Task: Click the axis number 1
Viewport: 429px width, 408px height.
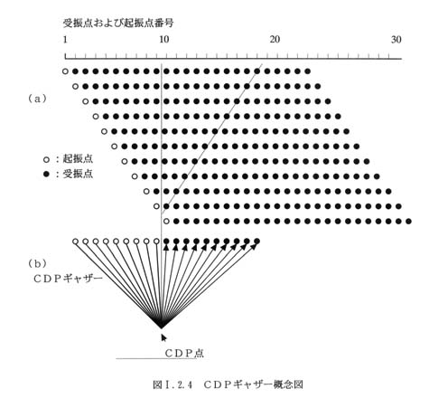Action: (x=65, y=40)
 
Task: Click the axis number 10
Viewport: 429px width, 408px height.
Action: (x=163, y=40)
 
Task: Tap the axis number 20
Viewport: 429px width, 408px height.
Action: (x=275, y=40)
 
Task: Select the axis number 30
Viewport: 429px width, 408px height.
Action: (x=396, y=40)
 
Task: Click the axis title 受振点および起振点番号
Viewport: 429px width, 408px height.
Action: (x=118, y=23)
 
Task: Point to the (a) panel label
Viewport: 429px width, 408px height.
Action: (x=37, y=99)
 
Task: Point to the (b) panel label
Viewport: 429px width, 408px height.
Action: (x=37, y=263)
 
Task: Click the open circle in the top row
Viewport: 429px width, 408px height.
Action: (x=65, y=71)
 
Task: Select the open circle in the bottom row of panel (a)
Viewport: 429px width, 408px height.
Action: (x=166, y=222)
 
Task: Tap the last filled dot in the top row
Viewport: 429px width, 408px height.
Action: (x=307, y=71)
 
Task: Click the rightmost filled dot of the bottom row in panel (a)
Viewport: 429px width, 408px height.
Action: (x=408, y=222)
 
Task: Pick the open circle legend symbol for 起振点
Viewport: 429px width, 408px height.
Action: (x=46, y=159)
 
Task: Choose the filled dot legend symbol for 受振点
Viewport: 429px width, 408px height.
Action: (x=46, y=174)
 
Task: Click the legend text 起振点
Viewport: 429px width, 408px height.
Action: (x=78, y=159)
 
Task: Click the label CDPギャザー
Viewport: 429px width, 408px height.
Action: (x=68, y=279)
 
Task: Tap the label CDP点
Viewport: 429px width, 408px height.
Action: (x=184, y=353)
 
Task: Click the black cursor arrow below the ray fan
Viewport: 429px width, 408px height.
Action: (x=163, y=337)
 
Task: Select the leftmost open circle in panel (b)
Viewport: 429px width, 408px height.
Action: (x=75, y=242)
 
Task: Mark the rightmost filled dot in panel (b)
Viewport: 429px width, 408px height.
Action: (x=256, y=242)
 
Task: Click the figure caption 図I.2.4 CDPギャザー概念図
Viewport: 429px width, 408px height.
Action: (x=228, y=384)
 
